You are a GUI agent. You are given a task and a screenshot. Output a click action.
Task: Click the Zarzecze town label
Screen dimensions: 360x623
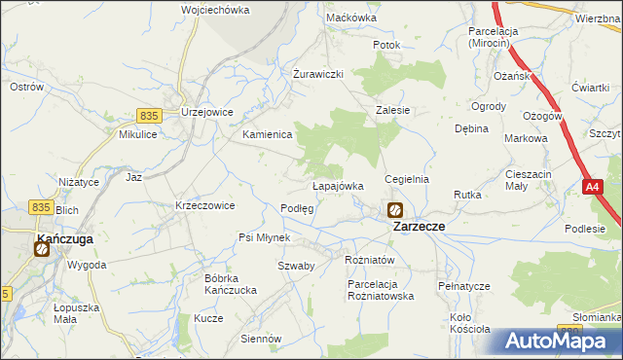[419, 226]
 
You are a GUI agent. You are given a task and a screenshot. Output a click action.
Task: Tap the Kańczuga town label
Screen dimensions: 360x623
[64, 236]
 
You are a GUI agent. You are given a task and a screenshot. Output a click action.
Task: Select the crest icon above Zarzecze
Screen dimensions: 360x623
[395, 209]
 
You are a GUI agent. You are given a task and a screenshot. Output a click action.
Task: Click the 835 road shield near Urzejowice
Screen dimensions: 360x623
[148, 115]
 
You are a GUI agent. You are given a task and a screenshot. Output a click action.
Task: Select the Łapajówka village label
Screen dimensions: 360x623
[338, 185]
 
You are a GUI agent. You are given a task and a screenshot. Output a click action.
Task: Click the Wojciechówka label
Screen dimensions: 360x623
[215, 10]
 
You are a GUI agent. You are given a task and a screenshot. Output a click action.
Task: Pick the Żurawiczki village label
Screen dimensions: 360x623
[319, 74]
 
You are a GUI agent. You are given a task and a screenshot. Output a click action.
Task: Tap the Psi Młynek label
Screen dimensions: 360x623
[264, 237]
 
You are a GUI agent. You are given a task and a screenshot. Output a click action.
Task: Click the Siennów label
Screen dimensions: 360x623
[261, 339]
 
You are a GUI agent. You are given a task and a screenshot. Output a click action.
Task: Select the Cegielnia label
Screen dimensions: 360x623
[407, 180]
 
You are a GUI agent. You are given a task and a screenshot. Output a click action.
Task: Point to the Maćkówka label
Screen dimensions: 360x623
[351, 18]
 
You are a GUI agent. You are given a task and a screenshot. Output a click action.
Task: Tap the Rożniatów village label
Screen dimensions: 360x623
[370, 260]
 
